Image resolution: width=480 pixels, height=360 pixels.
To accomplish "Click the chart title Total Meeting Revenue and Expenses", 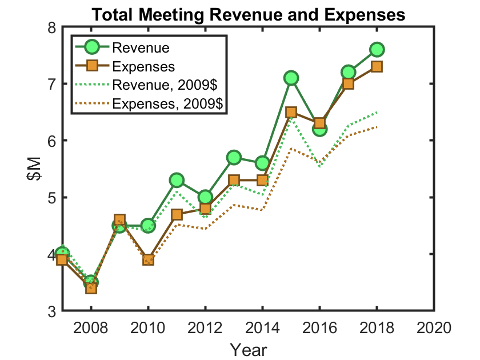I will pos(248,14).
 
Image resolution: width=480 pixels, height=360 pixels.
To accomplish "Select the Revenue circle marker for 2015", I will pos(291,78).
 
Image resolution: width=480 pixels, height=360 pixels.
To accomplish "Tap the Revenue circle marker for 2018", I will pos(377,49).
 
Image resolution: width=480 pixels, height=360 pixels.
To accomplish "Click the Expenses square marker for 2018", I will pos(377,66).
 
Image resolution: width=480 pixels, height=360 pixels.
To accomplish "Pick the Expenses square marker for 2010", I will pos(148,260).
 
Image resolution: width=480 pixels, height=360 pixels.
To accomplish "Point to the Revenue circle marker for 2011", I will pos(177,180).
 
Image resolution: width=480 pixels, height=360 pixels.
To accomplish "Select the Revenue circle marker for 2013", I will pos(234,157).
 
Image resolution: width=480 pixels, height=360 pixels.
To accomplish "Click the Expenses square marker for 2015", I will pos(291,112).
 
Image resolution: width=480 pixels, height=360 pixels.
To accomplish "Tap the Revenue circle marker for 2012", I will pos(205,197).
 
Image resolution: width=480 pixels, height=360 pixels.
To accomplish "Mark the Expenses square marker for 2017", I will pos(348,83).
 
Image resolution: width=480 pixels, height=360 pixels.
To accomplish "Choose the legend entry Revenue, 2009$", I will pos(165,85).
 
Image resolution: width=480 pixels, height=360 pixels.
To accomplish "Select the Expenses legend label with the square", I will pos(143,66).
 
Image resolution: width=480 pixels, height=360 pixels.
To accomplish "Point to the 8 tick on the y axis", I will pos(51,27).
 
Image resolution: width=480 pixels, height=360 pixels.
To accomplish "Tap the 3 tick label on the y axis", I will pos(51,311).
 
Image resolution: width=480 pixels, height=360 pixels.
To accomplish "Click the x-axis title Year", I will pos(248,348).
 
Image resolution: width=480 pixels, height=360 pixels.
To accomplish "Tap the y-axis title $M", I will pos(35,169).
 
